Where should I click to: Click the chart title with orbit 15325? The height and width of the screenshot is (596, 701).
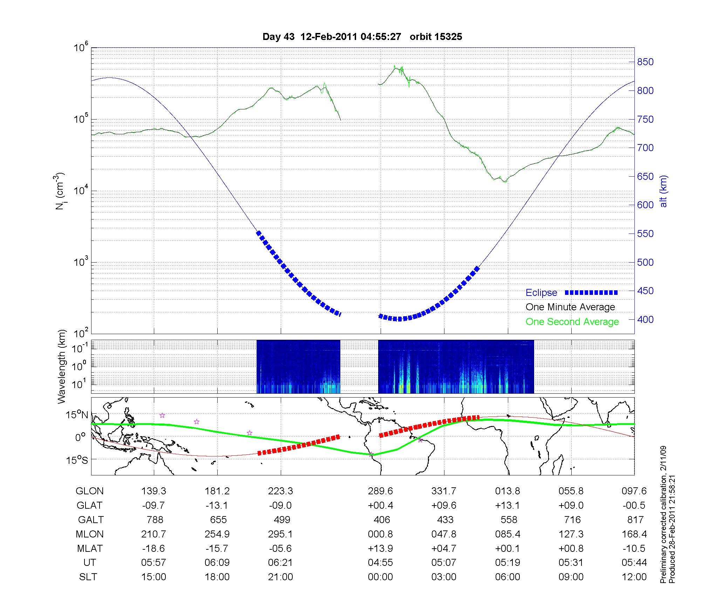coord(362,36)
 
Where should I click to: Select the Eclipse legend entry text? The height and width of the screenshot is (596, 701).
coord(541,293)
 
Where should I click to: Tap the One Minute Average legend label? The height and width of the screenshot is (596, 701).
coord(570,307)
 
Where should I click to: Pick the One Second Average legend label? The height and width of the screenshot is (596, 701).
coord(572,322)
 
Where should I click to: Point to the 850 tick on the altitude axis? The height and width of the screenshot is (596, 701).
coord(645,62)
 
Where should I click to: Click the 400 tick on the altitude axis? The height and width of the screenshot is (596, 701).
coord(645,320)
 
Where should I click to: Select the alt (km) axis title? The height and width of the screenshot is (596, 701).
coord(663,191)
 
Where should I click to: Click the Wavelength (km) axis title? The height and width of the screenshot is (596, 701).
coord(62,367)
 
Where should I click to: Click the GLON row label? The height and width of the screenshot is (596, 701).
coord(89,491)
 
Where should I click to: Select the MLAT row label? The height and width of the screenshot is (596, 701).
coord(90,548)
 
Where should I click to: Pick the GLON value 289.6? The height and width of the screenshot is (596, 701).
coord(380,491)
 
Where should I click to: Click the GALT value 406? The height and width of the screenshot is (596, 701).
coord(382,520)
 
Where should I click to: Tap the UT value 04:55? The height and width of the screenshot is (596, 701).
coord(380,563)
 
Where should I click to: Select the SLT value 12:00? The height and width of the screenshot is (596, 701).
coord(634,577)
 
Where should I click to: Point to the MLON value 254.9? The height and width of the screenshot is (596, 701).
coord(217,534)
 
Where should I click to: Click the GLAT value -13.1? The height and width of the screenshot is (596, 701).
coord(217,506)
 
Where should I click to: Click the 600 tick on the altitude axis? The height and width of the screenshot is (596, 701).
coord(645,205)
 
